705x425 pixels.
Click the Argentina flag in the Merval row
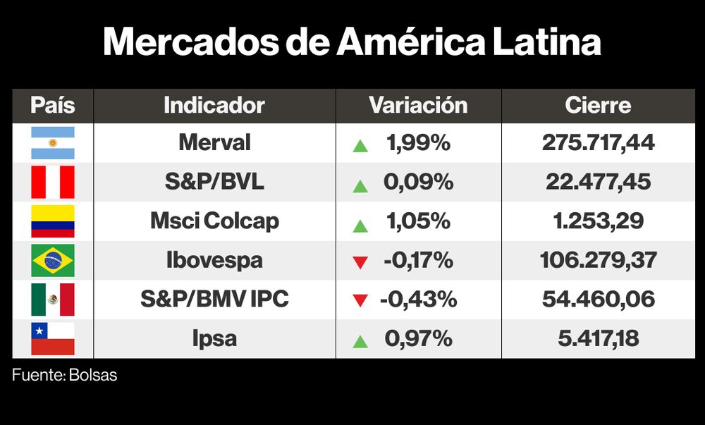tap(52, 143)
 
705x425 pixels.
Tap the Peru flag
tap(52, 183)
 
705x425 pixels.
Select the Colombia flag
tap(52, 221)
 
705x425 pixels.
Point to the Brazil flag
tap(52, 261)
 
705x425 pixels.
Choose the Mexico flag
tap(52, 300)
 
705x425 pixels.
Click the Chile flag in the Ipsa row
tap(52, 339)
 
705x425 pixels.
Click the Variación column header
tap(418, 106)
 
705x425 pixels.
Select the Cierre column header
tap(598, 106)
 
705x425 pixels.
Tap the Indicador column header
tap(214, 106)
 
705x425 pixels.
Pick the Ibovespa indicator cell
tap(214, 260)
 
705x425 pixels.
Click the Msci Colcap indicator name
tap(214, 221)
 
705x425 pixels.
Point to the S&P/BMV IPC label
tap(214, 300)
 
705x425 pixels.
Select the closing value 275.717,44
tap(598, 143)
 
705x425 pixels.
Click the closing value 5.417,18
tap(598, 339)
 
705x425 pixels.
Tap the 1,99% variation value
tap(417, 143)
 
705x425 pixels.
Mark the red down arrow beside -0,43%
tap(360, 301)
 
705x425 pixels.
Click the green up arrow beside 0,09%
tap(360, 186)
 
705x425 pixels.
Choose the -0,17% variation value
tap(418, 260)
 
